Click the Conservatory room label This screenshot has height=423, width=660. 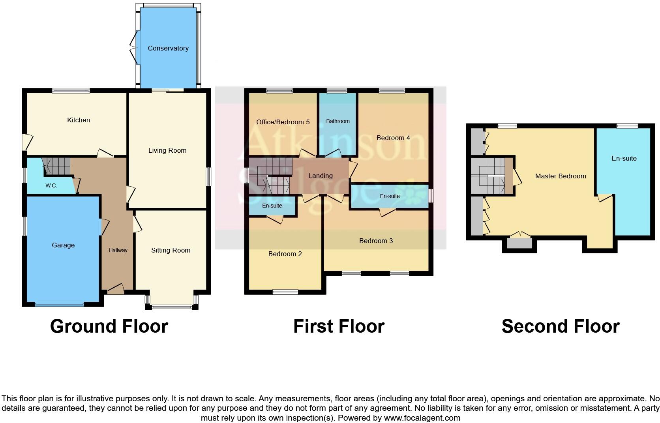tap(168, 48)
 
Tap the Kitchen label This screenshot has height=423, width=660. tap(79, 120)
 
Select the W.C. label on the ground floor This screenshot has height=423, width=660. tap(51, 185)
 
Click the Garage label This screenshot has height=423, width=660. tap(63, 245)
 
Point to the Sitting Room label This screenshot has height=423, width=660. tap(171, 250)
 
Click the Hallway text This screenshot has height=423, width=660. tap(118, 250)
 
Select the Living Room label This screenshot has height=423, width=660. tap(167, 150)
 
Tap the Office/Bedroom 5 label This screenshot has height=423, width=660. tap(283, 122)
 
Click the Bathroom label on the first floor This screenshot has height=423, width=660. tap(338, 121)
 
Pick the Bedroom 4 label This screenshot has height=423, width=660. tap(393, 138)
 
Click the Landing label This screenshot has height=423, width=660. tap(321, 176)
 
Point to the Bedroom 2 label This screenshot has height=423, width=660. tap(285, 254)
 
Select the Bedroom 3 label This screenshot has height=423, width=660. tap(376, 241)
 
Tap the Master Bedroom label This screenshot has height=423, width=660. tap(561, 176)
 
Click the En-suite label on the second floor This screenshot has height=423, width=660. tap(624, 158)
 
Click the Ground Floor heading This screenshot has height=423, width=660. tap(109, 326)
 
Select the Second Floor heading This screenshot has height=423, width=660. tap(561, 326)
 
